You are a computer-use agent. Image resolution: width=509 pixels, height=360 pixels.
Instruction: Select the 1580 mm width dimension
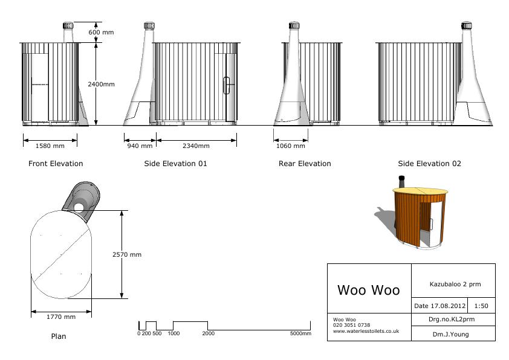pos(50,146)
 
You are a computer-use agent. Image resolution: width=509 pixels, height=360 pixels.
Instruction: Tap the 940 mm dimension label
pos(140,146)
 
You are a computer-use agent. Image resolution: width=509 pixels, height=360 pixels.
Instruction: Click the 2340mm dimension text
pos(196,146)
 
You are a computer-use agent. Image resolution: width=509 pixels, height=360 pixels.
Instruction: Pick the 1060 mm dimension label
pos(291,146)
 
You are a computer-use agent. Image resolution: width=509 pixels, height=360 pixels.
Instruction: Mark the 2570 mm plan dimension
pos(127,255)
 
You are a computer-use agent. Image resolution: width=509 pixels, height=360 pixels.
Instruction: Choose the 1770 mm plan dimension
pos(61,317)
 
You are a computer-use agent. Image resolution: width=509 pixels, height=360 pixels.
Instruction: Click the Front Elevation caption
pos(56,164)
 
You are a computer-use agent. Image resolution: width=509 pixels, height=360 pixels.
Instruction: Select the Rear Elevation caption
pos(305,164)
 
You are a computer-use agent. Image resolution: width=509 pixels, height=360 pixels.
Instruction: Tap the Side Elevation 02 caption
pos(429,164)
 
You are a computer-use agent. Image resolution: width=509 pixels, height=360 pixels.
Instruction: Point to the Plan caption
pos(59,336)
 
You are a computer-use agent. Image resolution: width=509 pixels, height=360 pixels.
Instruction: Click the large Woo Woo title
pos(368,290)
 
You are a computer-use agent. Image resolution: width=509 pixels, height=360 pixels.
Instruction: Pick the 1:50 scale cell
pos(481,306)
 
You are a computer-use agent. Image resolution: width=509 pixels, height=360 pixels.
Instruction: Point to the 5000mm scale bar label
pos(300,333)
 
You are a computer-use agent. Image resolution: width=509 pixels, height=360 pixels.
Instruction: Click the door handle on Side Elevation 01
pos(227,86)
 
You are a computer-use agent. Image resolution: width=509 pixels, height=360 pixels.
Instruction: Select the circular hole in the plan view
pos(80,207)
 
